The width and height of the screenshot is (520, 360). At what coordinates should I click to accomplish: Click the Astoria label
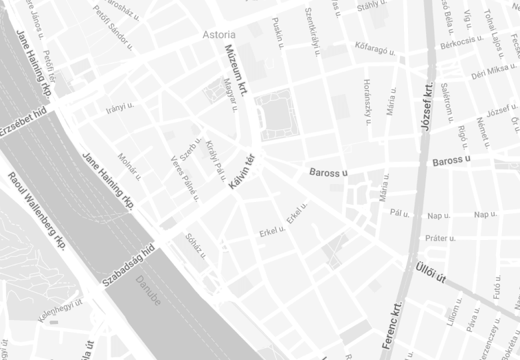(x=219, y=35)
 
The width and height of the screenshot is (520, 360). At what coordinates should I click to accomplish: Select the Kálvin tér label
(x=242, y=171)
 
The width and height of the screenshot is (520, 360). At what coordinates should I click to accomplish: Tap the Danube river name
(x=148, y=290)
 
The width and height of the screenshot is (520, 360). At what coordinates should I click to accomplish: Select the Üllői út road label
(x=430, y=272)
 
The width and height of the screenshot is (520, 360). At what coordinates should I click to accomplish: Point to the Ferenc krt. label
(x=393, y=326)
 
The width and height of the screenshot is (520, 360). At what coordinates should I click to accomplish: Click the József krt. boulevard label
(x=427, y=106)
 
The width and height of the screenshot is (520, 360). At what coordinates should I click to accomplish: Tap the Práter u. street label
(x=441, y=238)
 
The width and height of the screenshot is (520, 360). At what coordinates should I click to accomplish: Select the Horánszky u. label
(x=367, y=102)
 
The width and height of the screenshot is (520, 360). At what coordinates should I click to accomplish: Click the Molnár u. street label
(x=129, y=166)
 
